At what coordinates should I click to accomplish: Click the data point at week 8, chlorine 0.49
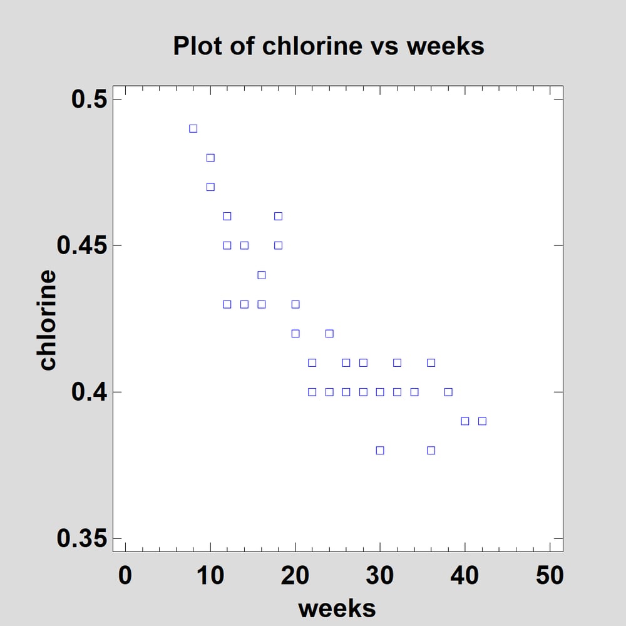point(193,128)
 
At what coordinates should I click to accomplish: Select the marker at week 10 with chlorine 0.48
point(210,158)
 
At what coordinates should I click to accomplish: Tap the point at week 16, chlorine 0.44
point(262,275)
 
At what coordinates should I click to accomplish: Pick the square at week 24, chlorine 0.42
point(329,333)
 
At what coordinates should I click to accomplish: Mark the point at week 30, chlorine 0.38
point(380,450)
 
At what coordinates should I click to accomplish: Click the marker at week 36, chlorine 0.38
point(431,450)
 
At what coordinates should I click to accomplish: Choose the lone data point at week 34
point(414,392)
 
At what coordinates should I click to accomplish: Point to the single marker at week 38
point(448,392)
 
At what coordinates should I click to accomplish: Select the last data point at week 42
point(482,421)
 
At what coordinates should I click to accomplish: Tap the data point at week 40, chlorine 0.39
point(465,421)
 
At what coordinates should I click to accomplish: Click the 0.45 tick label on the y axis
point(82,245)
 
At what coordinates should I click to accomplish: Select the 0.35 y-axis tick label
point(82,538)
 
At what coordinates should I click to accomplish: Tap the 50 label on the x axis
point(550,575)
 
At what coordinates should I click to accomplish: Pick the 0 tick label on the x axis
point(125,575)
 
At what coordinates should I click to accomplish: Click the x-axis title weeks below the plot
point(337,608)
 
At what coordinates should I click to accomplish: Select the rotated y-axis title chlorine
point(48,319)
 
